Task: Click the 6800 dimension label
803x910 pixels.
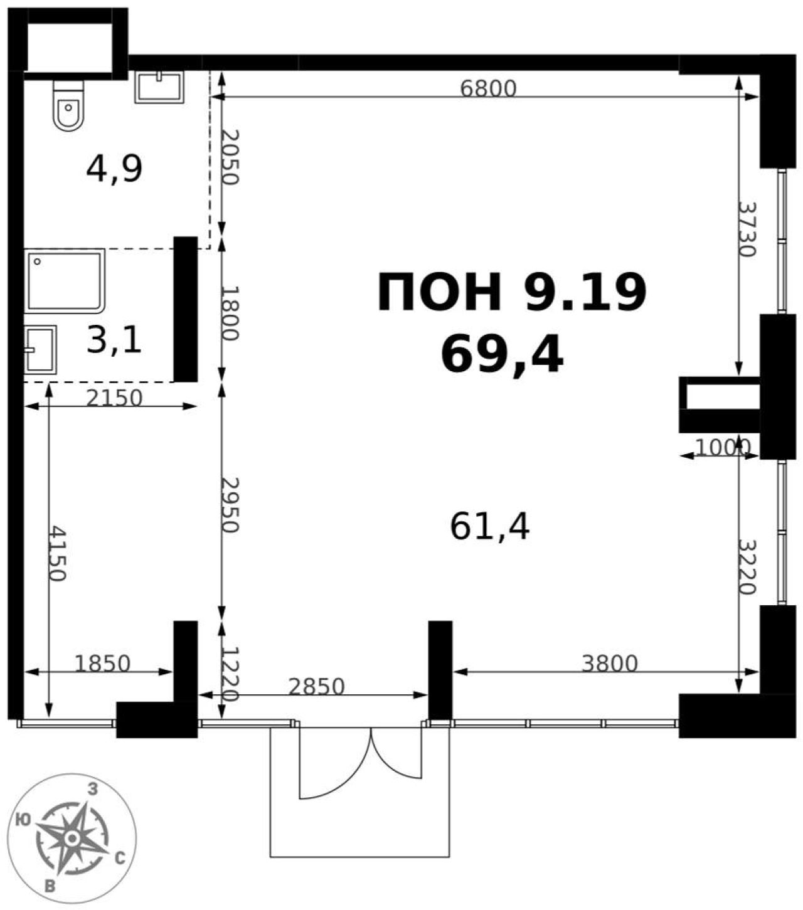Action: click(x=488, y=89)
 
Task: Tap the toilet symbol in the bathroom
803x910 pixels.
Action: click(x=68, y=105)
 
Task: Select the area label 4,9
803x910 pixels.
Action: click(x=114, y=169)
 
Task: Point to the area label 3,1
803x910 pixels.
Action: click(x=114, y=340)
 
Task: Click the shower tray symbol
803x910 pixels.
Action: click(x=65, y=281)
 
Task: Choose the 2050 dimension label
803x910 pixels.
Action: click(x=231, y=157)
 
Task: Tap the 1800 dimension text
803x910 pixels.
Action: click(x=231, y=314)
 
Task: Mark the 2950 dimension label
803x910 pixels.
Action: click(x=231, y=505)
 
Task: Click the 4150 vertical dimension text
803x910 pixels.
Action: click(x=58, y=554)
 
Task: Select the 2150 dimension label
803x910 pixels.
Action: click(x=114, y=398)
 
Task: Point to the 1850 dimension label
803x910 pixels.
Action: click(x=102, y=664)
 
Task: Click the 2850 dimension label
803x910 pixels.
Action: click(x=316, y=686)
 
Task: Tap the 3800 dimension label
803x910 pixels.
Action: click(x=610, y=664)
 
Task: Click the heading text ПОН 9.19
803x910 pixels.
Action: click(x=512, y=292)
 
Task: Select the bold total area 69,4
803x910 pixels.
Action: click(x=502, y=356)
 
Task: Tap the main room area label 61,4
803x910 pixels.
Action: click(x=490, y=527)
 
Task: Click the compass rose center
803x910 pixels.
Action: click(x=72, y=838)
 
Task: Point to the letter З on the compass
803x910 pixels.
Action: click(x=93, y=789)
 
